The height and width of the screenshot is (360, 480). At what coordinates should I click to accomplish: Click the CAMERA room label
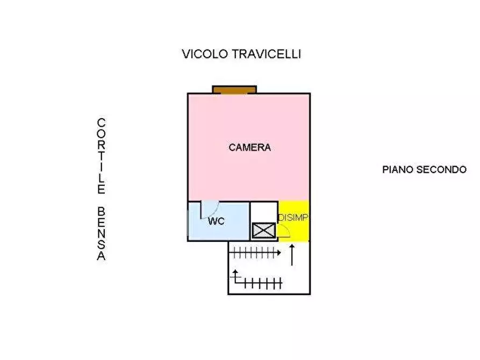(x=249, y=148)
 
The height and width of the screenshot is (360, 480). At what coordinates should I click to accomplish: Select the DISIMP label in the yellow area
(x=293, y=218)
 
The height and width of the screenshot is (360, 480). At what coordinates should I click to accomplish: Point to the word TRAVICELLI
(x=267, y=54)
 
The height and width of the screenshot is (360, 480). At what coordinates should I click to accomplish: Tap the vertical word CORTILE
(x=101, y=156)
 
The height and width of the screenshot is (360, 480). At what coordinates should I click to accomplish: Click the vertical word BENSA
(x=101, y=234)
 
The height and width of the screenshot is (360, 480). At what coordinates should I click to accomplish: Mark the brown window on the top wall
(x=234, y=89)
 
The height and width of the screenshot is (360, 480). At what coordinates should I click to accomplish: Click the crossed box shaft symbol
(x=263, y=231)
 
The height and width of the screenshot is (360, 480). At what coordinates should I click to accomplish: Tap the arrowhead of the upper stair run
(x=278, y=251)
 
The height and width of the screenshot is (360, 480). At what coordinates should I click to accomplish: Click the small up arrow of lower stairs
(x=235, y=275)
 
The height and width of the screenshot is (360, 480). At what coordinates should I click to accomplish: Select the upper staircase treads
(x=253, y=251)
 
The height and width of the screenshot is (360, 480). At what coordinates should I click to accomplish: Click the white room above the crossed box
(x=264, y=211)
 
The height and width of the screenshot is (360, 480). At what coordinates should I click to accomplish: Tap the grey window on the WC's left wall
(x=188, y=221)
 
